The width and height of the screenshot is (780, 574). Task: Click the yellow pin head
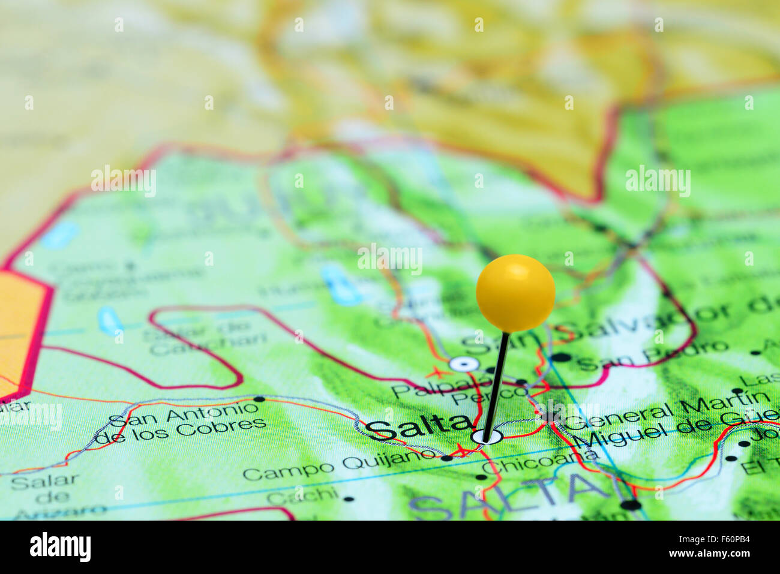[x=515, y=292]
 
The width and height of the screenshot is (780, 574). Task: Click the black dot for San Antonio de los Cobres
[x=259, y=398]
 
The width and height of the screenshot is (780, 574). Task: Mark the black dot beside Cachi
[x=349, y=498]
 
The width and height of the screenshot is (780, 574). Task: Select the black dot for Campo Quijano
[x=446, y=458]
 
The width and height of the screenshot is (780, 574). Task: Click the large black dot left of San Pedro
[x=561, y=357]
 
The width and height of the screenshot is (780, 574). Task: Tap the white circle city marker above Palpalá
[x=464, y=363]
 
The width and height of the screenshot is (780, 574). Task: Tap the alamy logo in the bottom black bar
[x=61, y=547]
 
